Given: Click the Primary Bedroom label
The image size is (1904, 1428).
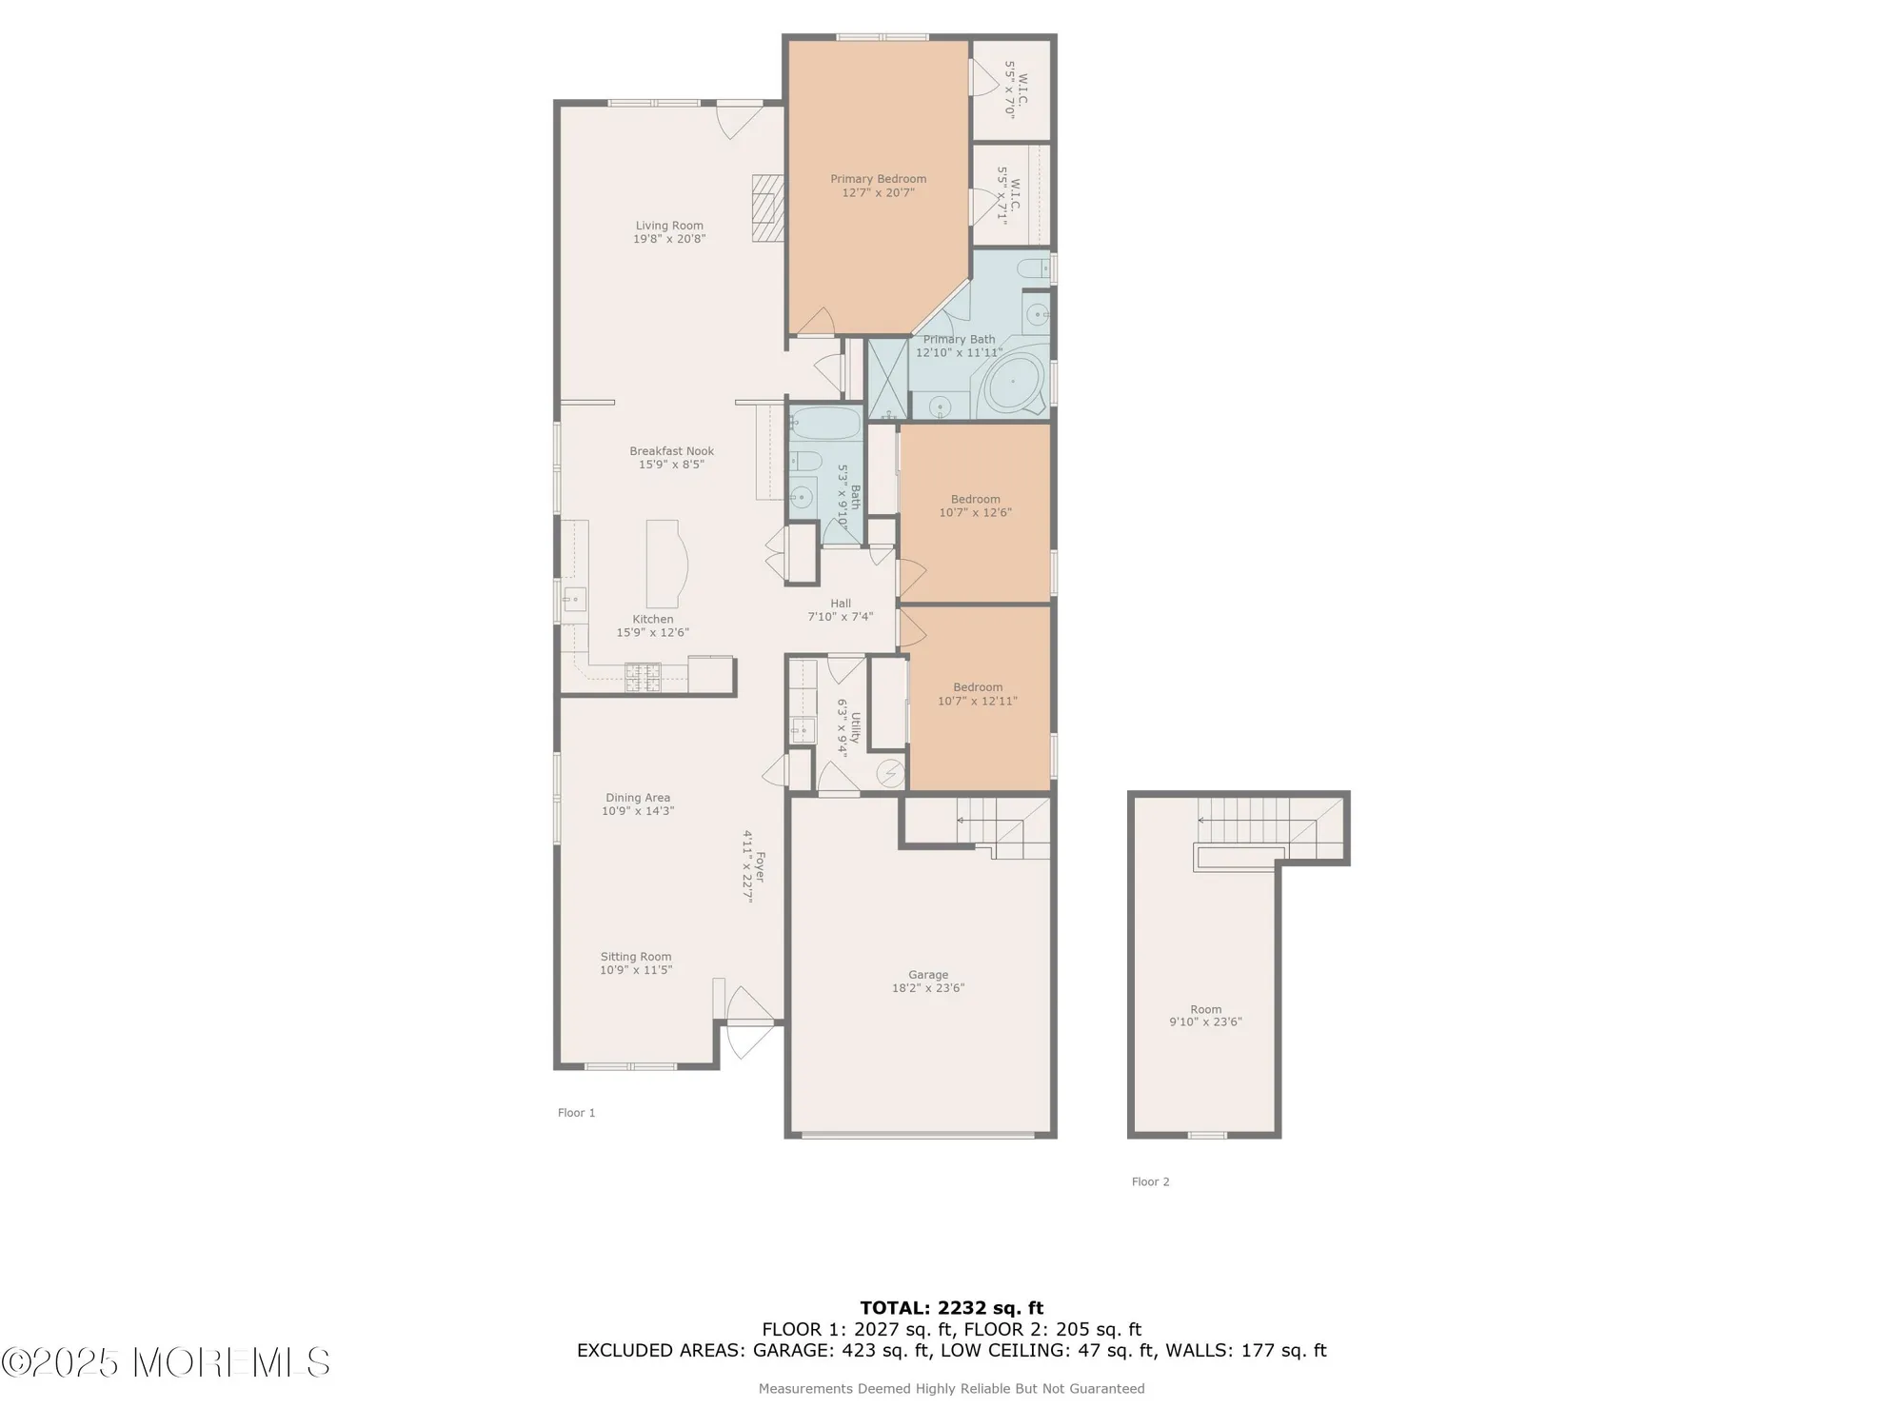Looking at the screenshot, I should [878, 179].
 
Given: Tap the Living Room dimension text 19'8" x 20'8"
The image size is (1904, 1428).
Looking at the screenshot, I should [669, 240].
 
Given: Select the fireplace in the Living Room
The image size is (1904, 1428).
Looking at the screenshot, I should [766, 208].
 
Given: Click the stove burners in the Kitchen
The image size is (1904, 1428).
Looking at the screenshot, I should [643, 677].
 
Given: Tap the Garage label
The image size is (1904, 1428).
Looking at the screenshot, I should [927, 975].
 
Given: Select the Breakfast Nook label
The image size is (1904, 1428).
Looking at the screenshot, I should [671, 451].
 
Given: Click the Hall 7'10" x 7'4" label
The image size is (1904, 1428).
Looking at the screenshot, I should [841, 610].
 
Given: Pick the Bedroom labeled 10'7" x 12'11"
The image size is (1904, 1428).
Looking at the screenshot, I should [978, 694].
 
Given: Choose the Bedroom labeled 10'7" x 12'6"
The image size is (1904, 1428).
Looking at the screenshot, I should [975, 506].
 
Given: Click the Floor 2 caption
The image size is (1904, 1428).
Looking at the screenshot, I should [1150, 1181].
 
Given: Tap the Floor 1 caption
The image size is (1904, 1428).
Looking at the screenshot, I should [576, 1113].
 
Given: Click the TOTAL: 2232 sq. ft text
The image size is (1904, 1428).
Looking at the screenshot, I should [951, 1308].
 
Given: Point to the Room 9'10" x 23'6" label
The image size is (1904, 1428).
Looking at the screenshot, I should [1205, 1016].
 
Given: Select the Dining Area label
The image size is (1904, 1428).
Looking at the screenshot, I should [638, 798].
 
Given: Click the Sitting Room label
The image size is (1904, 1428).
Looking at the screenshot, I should [636, 957].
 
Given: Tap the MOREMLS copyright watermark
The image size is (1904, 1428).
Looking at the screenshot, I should [167, 1362].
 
